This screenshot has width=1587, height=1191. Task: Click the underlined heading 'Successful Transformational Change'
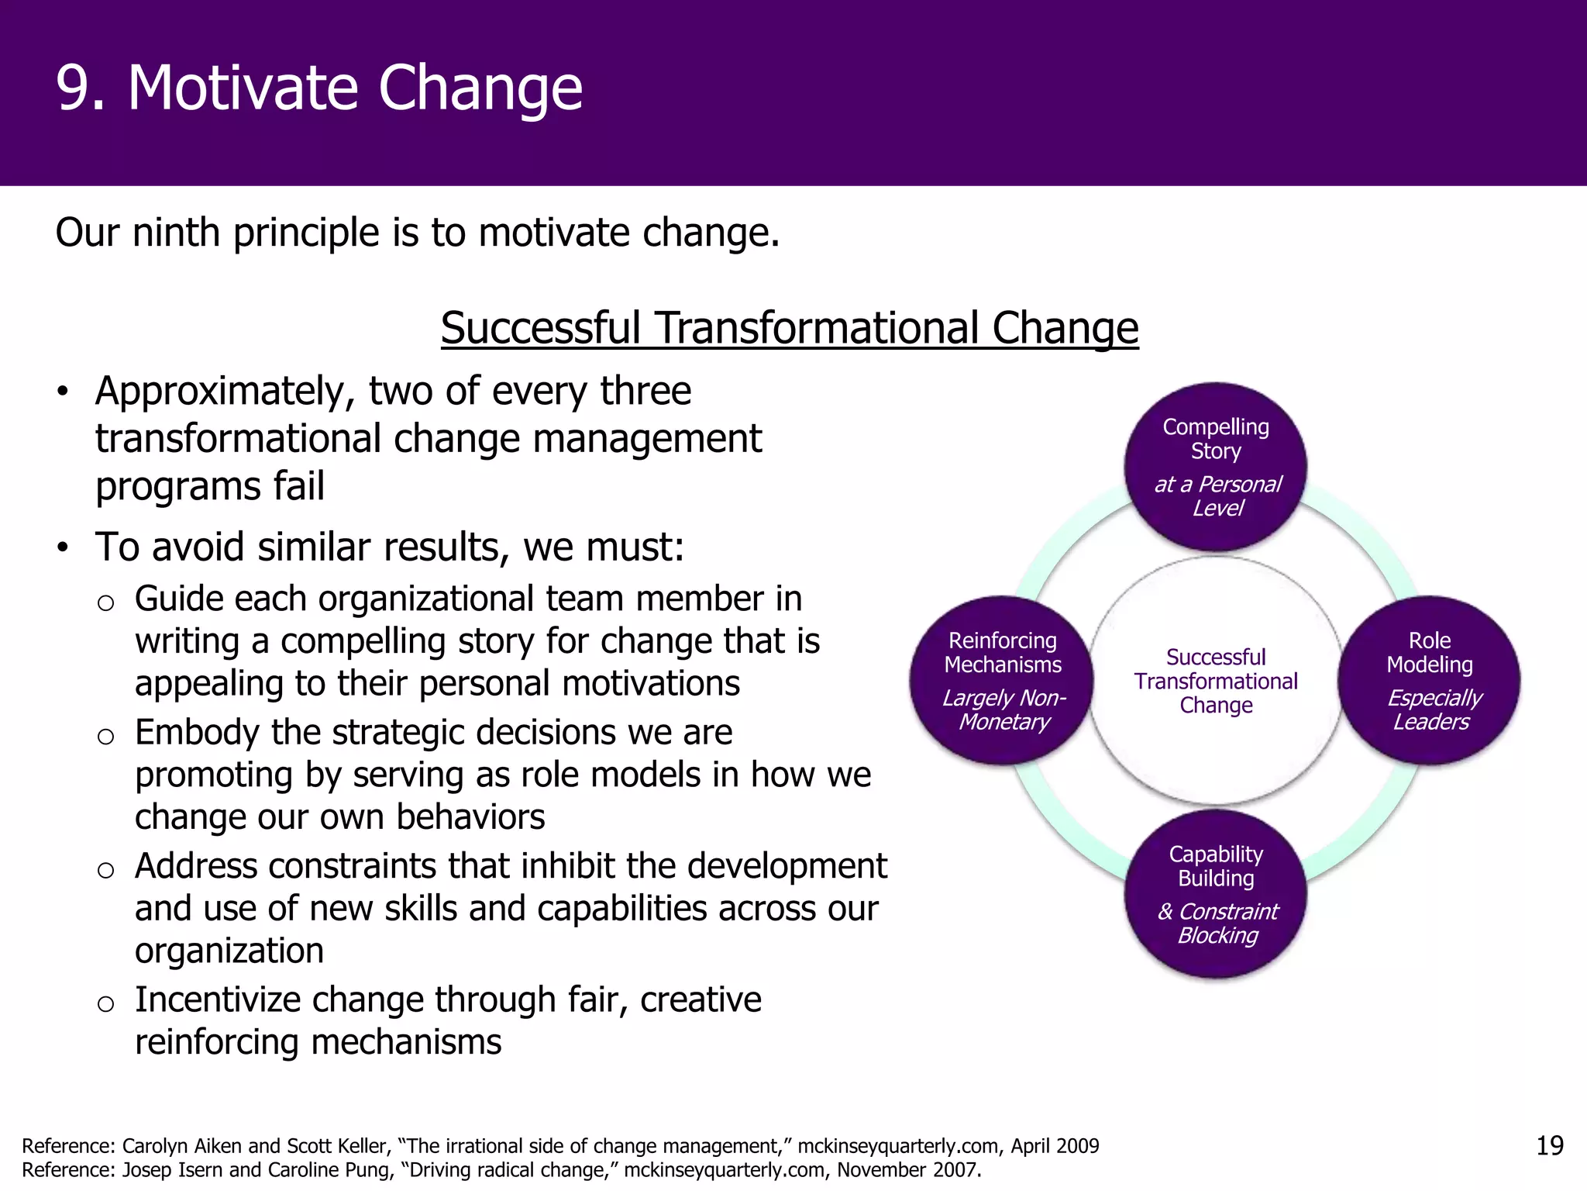pyautogui.click(x=789, y=328)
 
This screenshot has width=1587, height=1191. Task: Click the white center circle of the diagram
pyautogui.click(x=1215, y=681)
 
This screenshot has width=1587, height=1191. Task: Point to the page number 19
pyautogui.click(x=1550, y=1145)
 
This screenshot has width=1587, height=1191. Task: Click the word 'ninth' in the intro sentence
pyautogui.click(x=176, y=233)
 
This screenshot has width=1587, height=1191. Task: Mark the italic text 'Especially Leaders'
pyautogui.click(x=1432, y=709)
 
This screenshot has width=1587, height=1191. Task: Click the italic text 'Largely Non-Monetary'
pyautogui.click(x=1003, y=709)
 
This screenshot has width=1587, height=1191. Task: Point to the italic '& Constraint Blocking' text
pyautogui.click(x=1217, y=923)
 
